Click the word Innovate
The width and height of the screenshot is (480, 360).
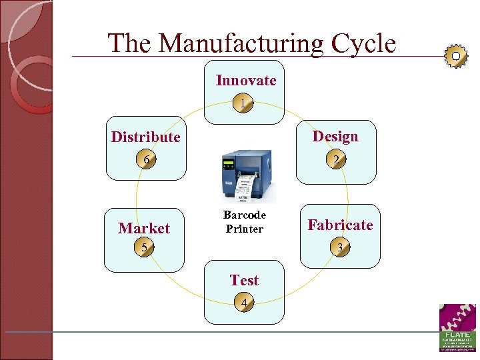(245, 81)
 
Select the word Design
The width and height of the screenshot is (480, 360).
(335, 137)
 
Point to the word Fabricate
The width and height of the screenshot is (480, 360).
(340, 225)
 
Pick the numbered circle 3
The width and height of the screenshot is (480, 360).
(340, 248)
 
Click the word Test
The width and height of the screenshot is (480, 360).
(244, 281)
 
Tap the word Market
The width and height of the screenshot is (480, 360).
(144, 229)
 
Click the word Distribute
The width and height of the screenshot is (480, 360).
(145, 137)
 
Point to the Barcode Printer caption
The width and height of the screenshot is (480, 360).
(244, 222)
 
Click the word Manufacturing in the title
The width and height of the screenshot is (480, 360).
(242, 44)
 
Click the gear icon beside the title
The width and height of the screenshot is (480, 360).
(455, 56)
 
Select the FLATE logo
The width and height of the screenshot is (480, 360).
(457, 327)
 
